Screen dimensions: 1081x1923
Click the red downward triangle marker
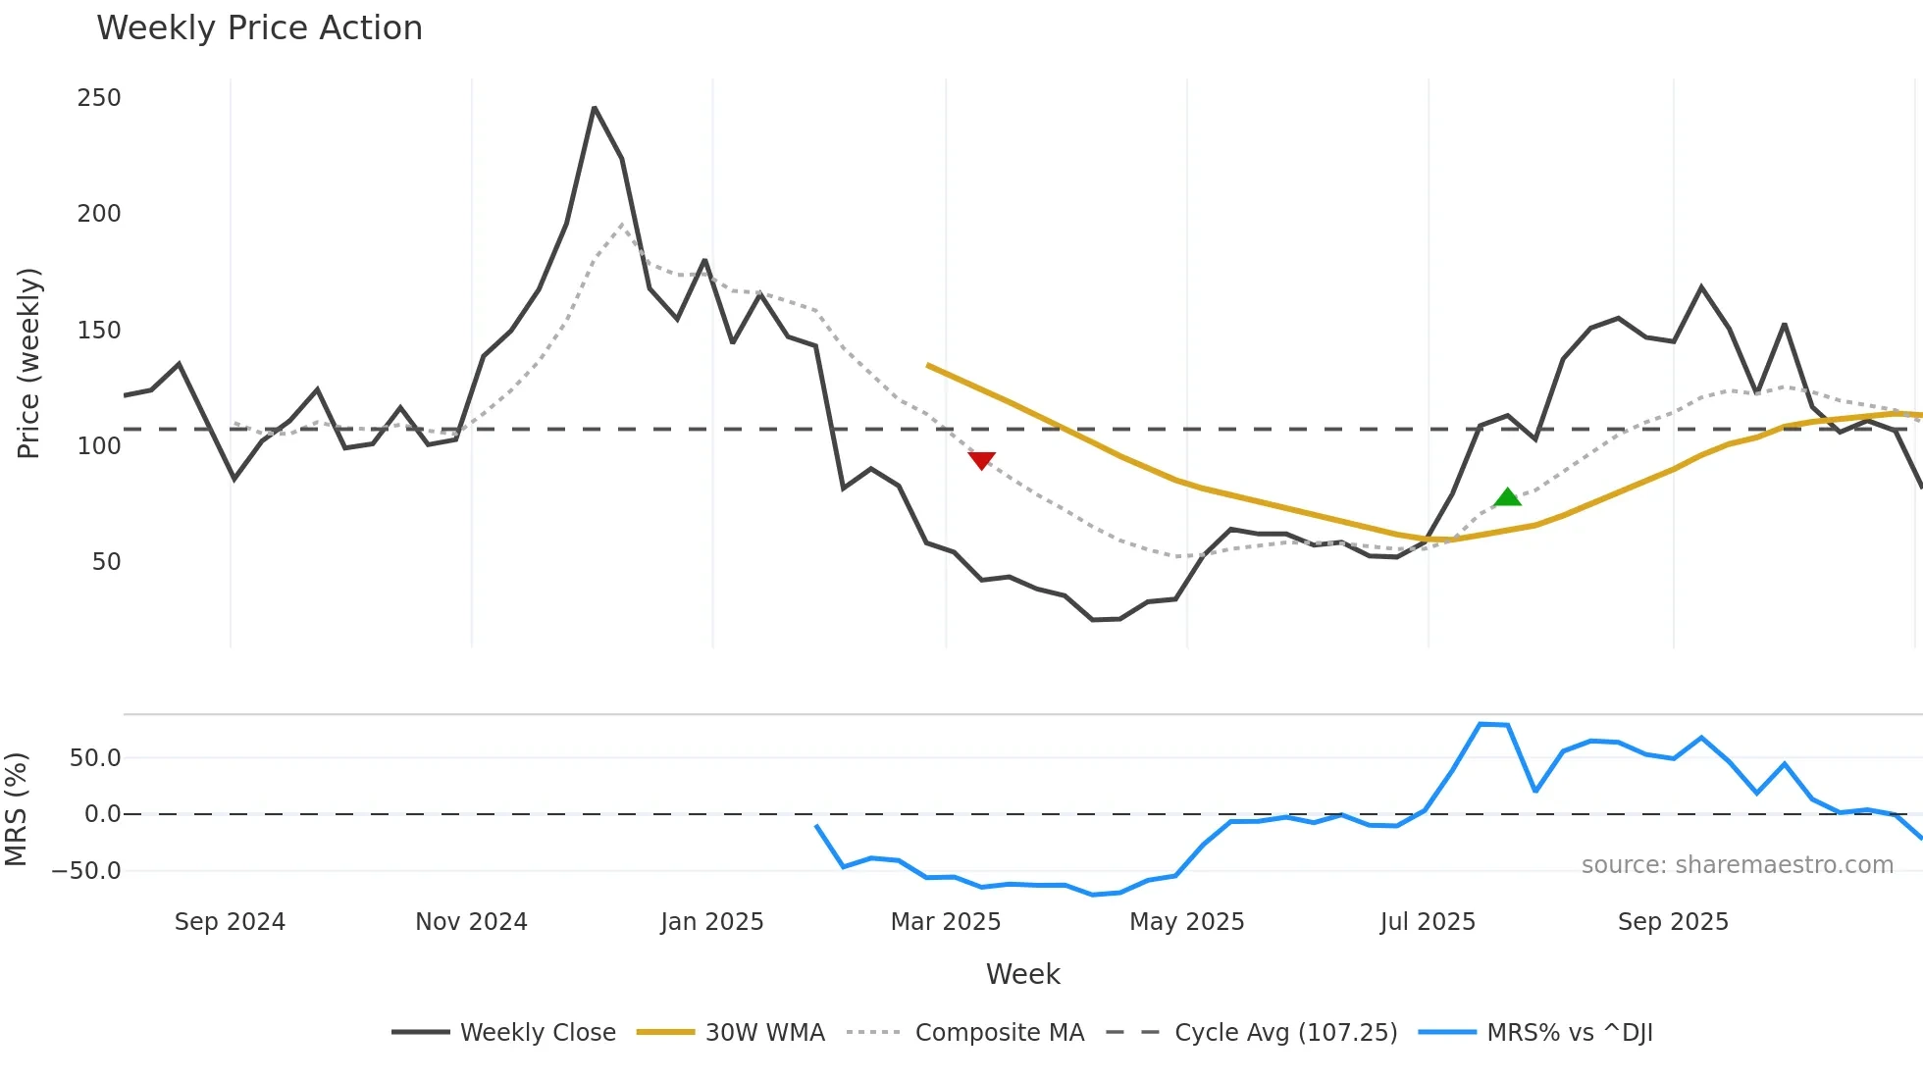pos(981,460)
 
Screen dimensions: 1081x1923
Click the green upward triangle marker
pos(1507,497)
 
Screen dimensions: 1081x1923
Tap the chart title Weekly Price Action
pos(259,28)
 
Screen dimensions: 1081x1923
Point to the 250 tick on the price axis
pos(99,98)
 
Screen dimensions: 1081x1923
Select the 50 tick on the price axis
pos(106,562)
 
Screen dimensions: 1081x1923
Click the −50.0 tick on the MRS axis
pos(86,871)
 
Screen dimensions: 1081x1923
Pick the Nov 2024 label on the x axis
pos(471,922)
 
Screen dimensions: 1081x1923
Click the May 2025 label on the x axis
pos(1186,922)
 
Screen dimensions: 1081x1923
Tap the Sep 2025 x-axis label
pos(1673,922)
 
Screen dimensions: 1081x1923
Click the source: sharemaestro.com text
pos(1737,865)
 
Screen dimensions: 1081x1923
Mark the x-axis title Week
pos(1022,974)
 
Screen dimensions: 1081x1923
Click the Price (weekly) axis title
pos(28,363)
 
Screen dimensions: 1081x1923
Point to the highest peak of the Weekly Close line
pos(595,108)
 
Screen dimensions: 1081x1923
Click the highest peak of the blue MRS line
pos(1481,724)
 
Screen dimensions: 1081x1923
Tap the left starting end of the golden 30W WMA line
pos(928,365)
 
